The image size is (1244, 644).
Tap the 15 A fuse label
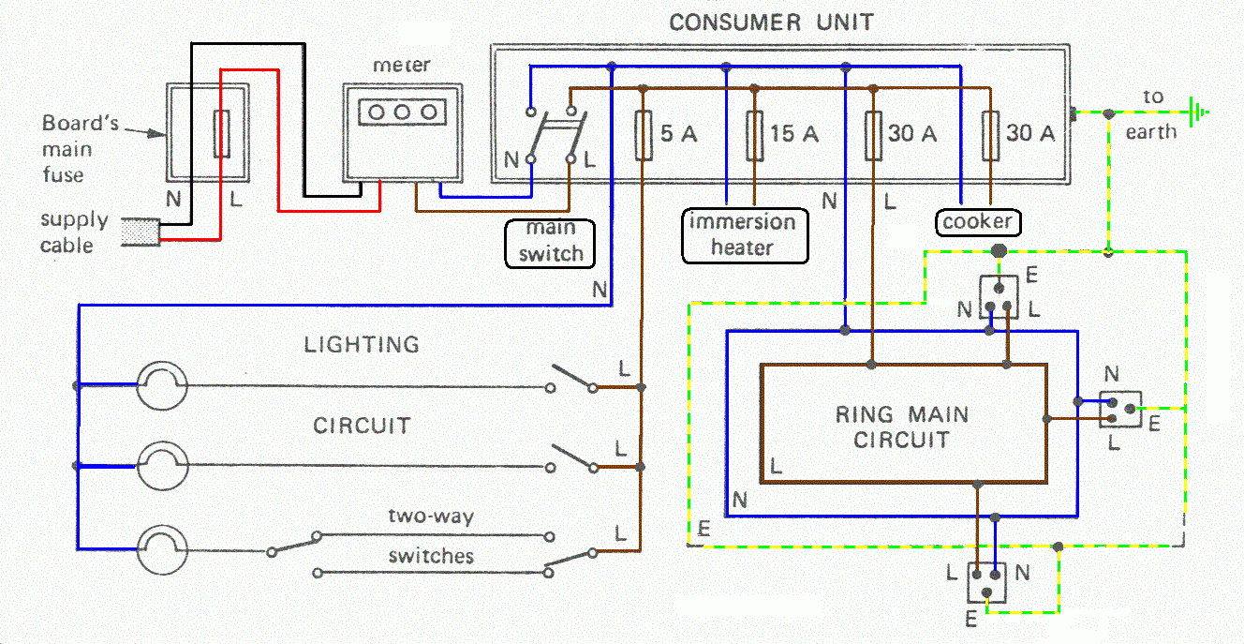[x=794, y=134]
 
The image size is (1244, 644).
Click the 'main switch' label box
[x=551, y=242]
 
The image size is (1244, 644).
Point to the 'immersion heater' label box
[x=742, y=234]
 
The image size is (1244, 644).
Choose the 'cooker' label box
[x=978, y=222]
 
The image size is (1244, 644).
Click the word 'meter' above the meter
[x=402, y=66]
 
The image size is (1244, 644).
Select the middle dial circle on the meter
[x=403, y=112]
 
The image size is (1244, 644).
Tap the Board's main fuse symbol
[x=222, y=134]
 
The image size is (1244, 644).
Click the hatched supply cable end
[x=141, y=233]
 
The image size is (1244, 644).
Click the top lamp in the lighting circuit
[x=162, y=385]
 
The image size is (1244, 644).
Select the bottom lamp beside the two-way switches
[x=162, y=549]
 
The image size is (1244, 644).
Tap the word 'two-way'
[x=431, y=517]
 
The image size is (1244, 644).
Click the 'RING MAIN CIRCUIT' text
[x=902, y=427]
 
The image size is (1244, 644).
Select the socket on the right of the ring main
[x=1120, y=410]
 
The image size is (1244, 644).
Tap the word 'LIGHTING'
[x=362, y=344]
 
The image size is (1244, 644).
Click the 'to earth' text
[x=1152, y=113]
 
